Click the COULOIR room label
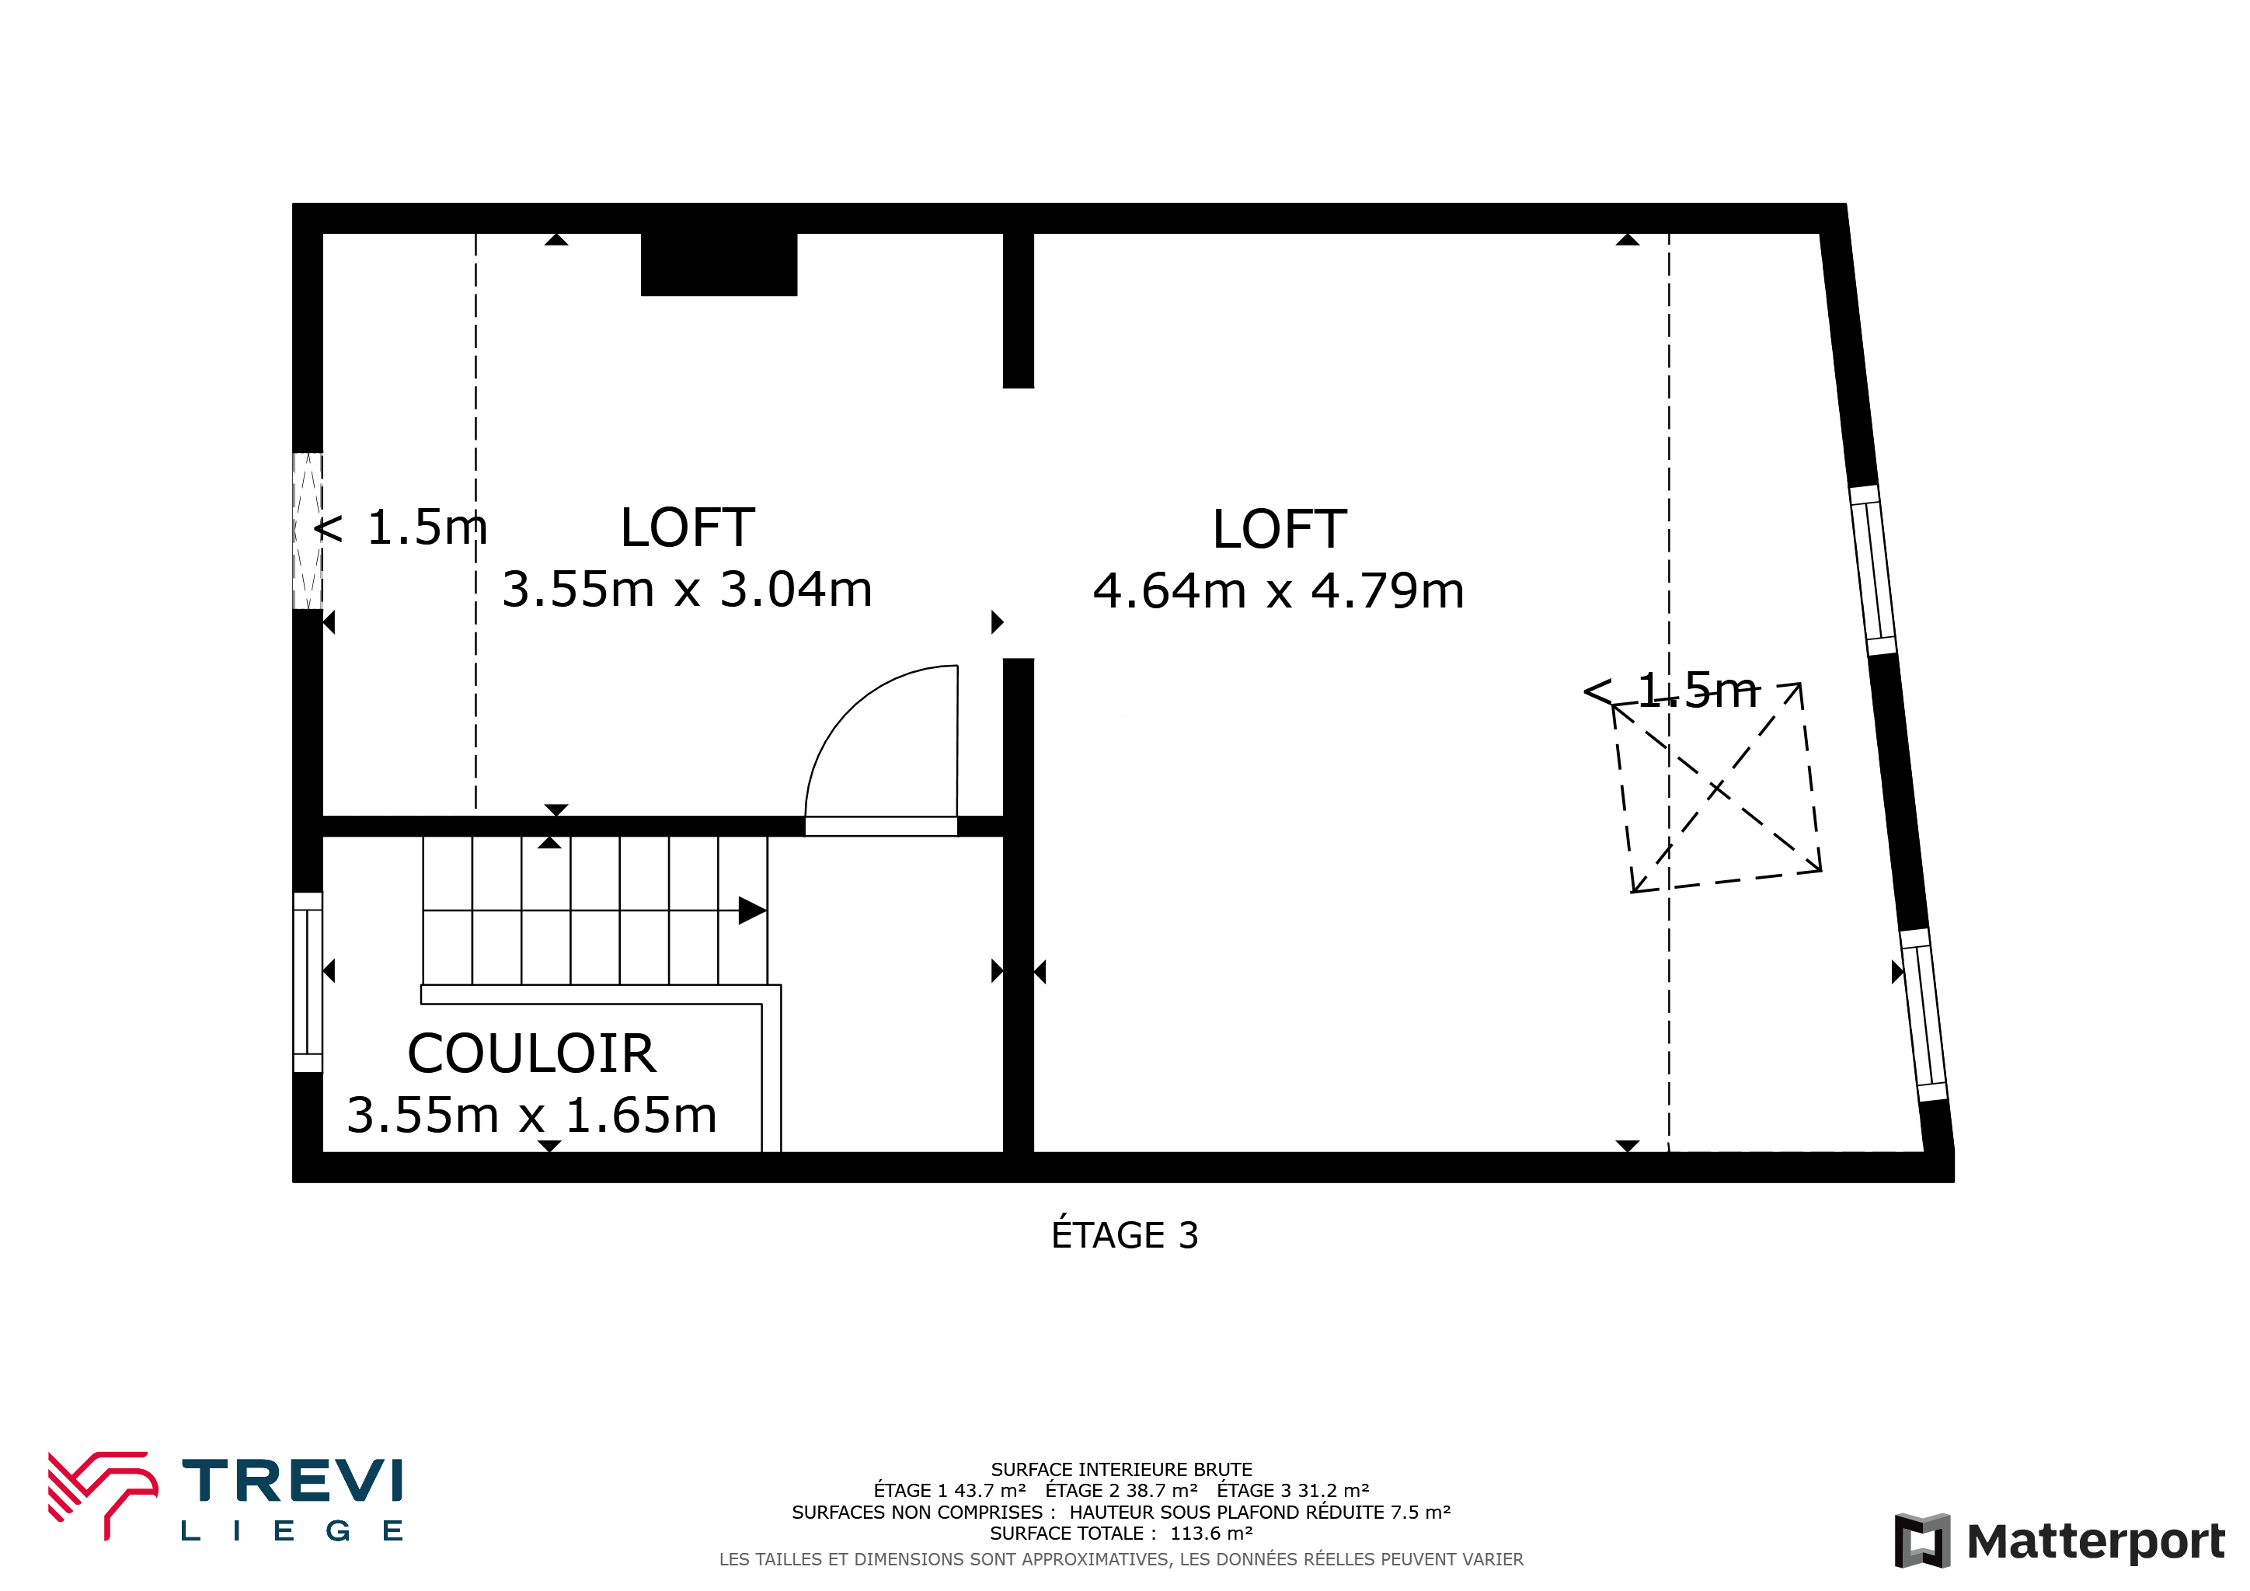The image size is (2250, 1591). click(x=531, y=1054)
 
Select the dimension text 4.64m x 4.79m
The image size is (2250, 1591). click(x=1279, y=590)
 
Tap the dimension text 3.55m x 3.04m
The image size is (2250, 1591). click(x=687, y=590)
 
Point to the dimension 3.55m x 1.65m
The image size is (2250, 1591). click(x=532, y=1115)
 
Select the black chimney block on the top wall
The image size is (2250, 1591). click(x=719, y=263)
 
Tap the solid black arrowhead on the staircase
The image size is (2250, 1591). click(x=751, y=910)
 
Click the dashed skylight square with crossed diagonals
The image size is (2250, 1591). click(x=1717, y=789)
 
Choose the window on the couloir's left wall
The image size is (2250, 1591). click(x=308, y=982)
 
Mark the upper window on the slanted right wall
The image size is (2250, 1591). click(x=1872, y=570)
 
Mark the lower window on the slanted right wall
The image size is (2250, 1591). click(x=1924, y=1015)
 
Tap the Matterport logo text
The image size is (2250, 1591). click(x=2095, y=1541)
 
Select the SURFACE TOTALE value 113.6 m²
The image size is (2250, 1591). click(x=1211, y=1534)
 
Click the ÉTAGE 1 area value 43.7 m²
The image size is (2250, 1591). click(x=990, y=1490)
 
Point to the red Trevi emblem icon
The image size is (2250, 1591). click(x=103, y=1494)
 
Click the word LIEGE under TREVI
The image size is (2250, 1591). click(x=292, y=1530)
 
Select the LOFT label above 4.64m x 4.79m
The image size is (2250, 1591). click(x=1279, y=529)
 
